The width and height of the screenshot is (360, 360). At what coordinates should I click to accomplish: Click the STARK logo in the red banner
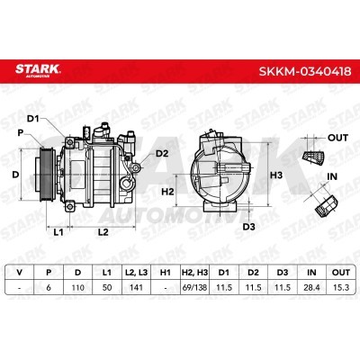(x=38, y=70)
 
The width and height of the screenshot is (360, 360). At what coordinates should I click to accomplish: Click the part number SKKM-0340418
(x=305, y=71)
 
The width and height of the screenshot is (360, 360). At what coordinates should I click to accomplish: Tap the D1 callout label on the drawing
(x=33, y=119)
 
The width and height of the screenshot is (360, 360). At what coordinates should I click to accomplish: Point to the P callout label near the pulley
(x=21, y=132)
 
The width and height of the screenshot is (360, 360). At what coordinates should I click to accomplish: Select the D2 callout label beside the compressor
(x=162, y=154)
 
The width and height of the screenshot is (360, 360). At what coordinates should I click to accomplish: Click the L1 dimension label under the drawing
(x=58, y=232)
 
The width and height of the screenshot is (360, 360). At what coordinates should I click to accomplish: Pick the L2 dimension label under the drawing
(x=103, y=232)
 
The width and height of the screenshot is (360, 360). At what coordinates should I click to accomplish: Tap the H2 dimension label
(x=167, y=192)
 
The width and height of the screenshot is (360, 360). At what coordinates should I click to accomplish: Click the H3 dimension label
(x=276, y=175)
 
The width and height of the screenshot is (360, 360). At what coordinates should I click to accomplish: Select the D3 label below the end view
(x=248, y=227)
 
